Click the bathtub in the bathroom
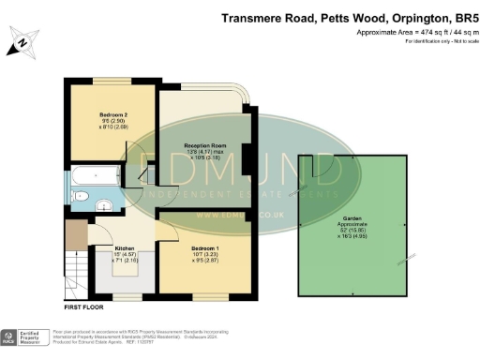(x=93, y=176)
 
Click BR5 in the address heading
(x=466, y=18)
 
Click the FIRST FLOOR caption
(x=85, y=307)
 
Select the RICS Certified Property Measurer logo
(x=23, y=338)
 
